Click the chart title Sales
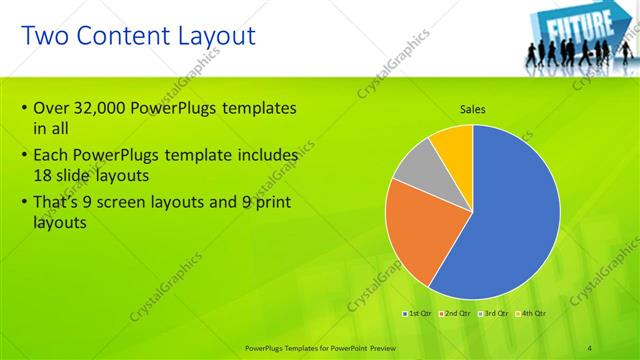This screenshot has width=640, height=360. coord(473,109)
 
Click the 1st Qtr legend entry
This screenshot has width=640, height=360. coord(418,313)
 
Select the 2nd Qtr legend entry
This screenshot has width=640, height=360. coord(456,313)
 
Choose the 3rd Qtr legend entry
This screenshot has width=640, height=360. coord(494,313)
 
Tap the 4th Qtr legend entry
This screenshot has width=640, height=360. coord(531,313)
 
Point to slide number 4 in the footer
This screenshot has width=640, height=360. coord(589,347)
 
